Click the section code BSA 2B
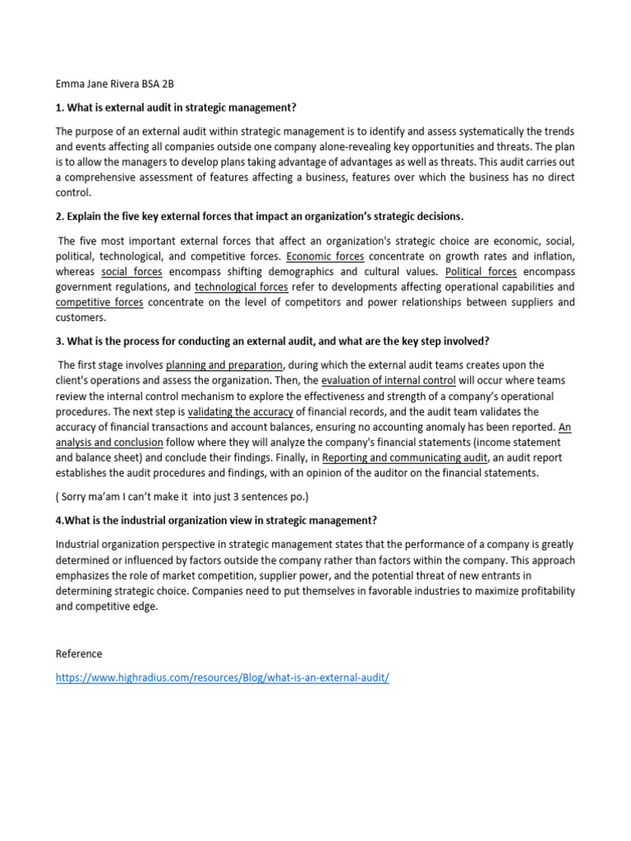(x=159, y=84)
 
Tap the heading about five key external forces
(x=260, y=216)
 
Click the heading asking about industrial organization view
(x=216, y=520)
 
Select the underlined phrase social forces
(x=131, y=271)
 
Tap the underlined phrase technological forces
(x=241, y=287)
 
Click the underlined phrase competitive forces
(x=99, y=302)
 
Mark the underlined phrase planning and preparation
(x=224, y=365)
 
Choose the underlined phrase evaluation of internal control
(x=388, y=380)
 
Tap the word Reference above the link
(x=79, y=654)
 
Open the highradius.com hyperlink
(x=222, y=678)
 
